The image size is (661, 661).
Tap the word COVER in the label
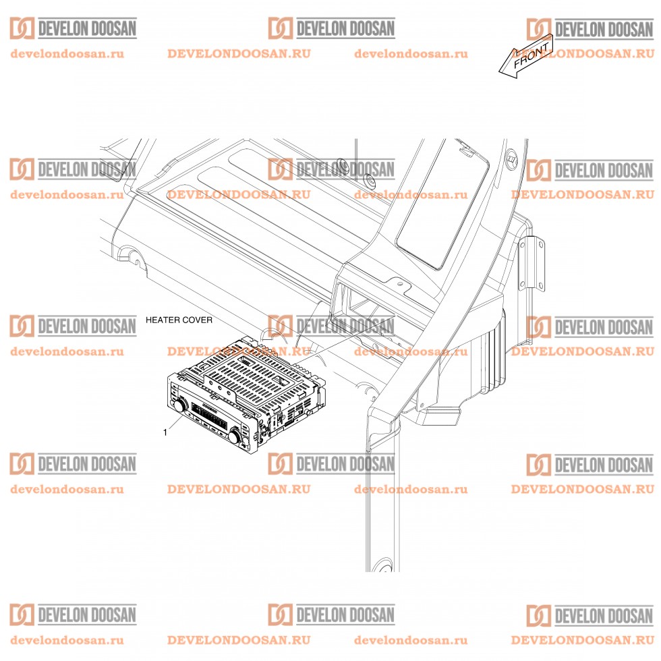(x=198, y=320)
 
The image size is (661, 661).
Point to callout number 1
(x=165, y=432)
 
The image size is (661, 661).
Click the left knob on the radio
(x=179, y=405)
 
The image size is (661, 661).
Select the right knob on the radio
(x=235, y=436)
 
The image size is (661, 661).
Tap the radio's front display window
(x=208, y=417)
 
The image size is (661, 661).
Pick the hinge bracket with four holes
(x=532, y=264)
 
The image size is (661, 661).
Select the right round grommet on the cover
(x=370, y=181)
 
